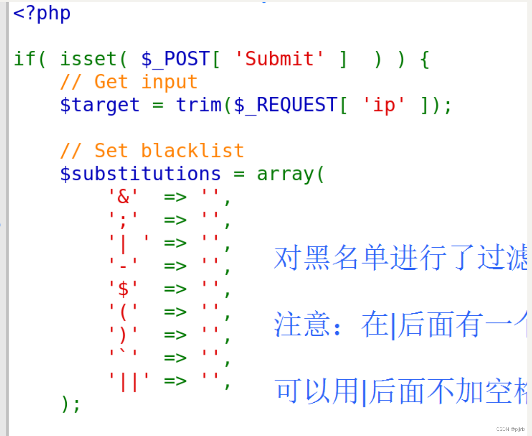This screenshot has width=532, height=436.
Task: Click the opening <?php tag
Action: click(42, 13)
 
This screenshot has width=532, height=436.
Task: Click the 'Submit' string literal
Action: click(279, 59)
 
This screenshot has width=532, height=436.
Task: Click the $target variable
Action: click(100, 105)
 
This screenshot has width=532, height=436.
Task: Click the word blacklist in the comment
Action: click(192, 151)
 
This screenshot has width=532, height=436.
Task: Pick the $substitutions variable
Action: click(140, 174)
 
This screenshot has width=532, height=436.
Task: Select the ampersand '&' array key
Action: click(123, 197)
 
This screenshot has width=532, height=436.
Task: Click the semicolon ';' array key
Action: click(123, 220)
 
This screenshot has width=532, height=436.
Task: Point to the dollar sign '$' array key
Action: click(123, 289)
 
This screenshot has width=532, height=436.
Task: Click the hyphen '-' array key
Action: click(123, 266)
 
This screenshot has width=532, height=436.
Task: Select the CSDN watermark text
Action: click(510, 429)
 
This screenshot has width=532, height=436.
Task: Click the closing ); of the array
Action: click(70, 404)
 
